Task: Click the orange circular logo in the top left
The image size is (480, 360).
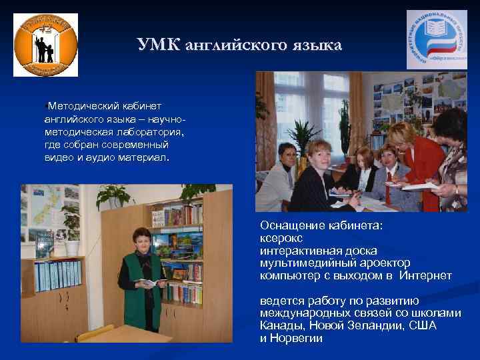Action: (x=45, y=45)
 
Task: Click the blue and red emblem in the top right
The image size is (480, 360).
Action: (x=437, y=40)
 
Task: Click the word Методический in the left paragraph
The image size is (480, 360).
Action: (x=81, y=106)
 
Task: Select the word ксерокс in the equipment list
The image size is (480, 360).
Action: (x=281, y=238)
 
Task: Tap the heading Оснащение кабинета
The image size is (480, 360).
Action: (x=322, y=225)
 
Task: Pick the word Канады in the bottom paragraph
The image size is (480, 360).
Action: (x=281, y=325)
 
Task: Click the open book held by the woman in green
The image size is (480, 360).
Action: (x=151, y=283)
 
